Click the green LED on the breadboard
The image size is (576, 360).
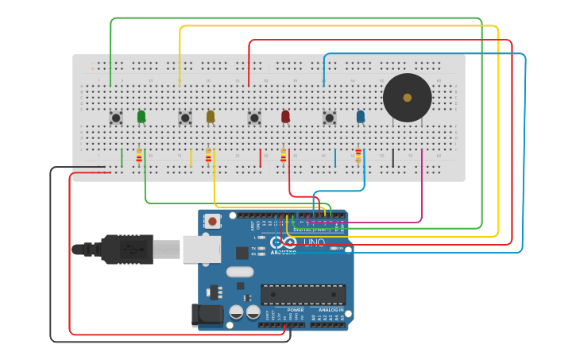(x=141, y=116)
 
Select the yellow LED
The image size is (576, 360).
(x=211, y=116)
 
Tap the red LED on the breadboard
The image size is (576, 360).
(x=285, y=116)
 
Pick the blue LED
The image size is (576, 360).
(x=361, y=116)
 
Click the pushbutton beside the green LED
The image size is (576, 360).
(x=116, y=118)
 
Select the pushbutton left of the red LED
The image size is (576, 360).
(x=254, y=118)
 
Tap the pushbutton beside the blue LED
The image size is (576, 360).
(x=330, y=118)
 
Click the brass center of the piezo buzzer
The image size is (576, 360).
(x=408, y=98)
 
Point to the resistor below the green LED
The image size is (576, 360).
(x=139, y=156)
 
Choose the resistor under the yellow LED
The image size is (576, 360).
(x=208, y=156)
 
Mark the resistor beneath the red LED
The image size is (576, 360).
(x=283, y=156)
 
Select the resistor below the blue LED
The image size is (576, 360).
(x=358, y=156)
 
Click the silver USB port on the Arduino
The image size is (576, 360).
(x=202, y=249)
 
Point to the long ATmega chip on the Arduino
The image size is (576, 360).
(x=303, y=294)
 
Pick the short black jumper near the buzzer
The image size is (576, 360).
(x=392, y=157)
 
